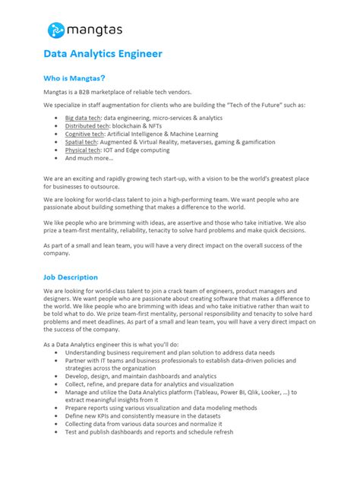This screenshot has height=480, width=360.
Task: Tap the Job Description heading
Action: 71,277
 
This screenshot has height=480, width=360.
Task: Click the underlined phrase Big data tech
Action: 83,118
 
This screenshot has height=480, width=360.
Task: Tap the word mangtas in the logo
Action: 95,31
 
